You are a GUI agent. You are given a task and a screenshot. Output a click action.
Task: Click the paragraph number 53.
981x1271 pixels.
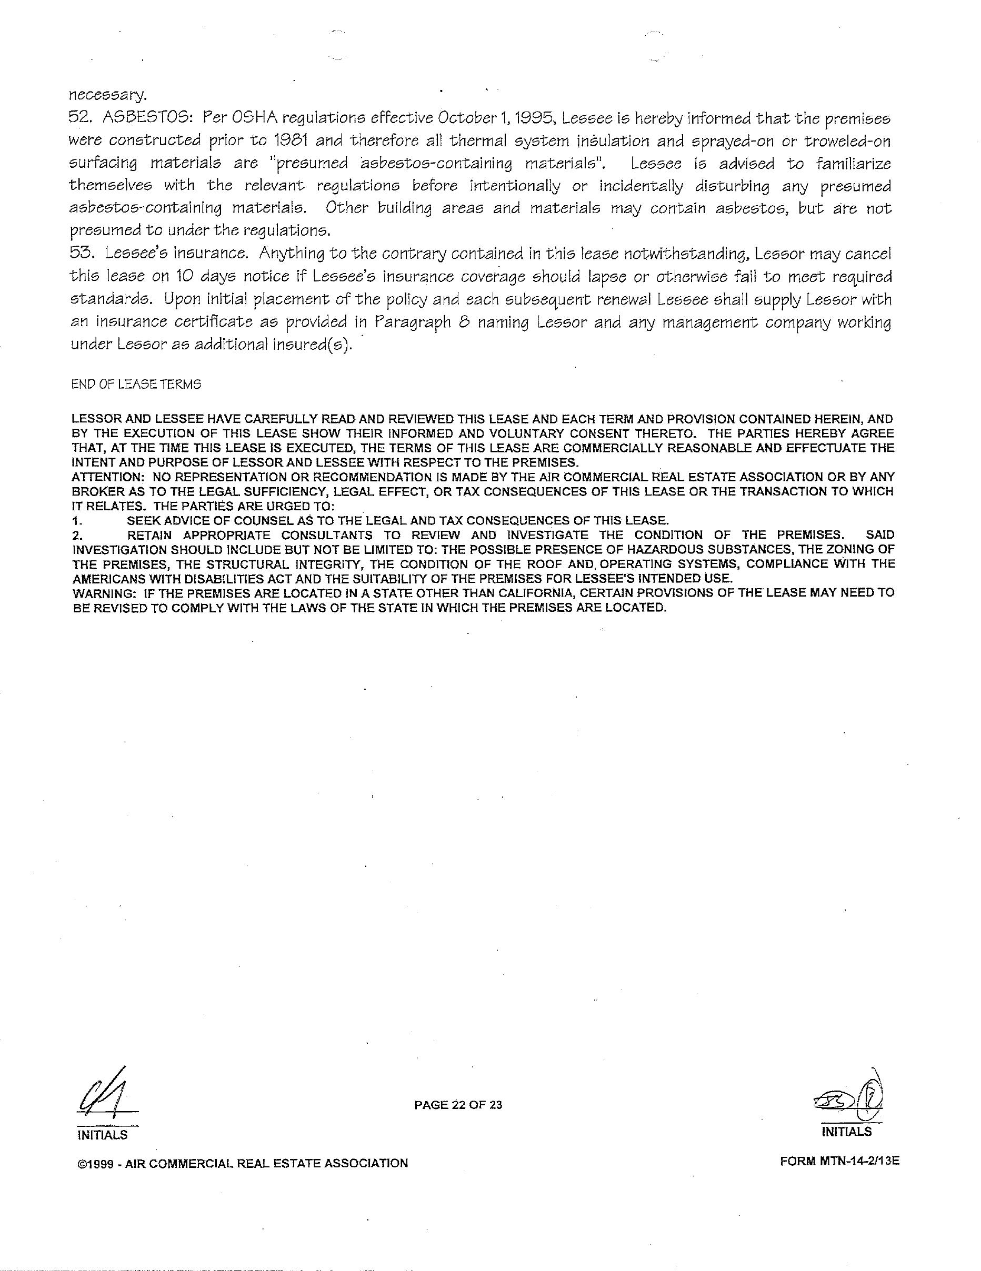[82, 254]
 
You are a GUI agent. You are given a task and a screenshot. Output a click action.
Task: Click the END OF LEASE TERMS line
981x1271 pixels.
[136, 384]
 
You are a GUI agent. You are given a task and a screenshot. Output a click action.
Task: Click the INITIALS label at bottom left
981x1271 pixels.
[102, 1135]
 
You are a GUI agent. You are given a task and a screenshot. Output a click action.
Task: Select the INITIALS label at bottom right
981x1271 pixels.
[846, 1132]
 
